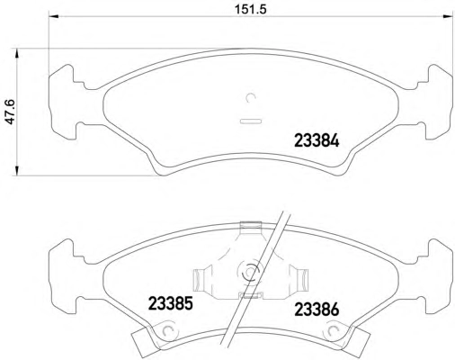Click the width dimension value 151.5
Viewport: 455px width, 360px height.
(x=250, y=9)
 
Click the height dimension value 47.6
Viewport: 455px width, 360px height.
(x=11, y=112)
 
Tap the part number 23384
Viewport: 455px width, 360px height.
(x=317, y=140)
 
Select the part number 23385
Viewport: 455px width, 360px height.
(x=170, y=303)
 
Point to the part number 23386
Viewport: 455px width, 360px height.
(x=317, y=310)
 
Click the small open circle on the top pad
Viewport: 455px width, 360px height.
(x=250, y=97)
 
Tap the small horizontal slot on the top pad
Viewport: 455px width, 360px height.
(x=251, y=121)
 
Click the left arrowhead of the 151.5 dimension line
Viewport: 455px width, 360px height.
(x=54, y=16)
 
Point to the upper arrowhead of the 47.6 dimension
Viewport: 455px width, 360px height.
(x=17, y=54)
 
